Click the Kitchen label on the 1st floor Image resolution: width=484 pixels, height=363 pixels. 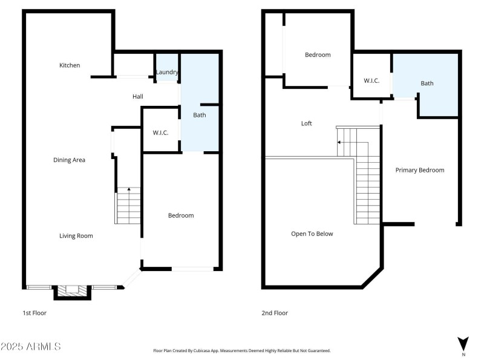click(x=70, y=65)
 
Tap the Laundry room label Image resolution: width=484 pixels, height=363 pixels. click(x=167, y=72)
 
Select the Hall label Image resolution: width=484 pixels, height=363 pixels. click(x=138, y=97)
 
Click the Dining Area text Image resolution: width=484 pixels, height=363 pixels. click(x=69, y=160)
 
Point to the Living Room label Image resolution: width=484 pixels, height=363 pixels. click(x=76, y=236)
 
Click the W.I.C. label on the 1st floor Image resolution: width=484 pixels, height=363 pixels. click(x=160, y=132)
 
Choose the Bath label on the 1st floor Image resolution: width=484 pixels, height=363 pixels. click(x=200, y=115)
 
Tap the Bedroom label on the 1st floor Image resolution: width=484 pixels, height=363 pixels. click(x=181, y=215)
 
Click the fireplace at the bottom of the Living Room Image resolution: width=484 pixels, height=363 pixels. click(x=73, y=292)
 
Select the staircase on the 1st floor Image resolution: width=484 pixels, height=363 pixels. click(x=128, y=206)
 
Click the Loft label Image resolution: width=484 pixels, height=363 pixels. click(x=307, y=123)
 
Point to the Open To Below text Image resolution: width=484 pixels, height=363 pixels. click(x=312, y=234)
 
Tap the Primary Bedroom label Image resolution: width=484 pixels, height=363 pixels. click(x=420, y=170)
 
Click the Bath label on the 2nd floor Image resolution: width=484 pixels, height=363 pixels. click(x=427, y=83)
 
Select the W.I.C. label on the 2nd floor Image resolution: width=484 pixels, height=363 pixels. click(x=371, y=80)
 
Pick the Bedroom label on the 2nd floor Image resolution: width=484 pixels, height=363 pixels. click(x=318, y=55)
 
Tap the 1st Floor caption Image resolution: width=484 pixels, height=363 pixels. click(x=34, y=313)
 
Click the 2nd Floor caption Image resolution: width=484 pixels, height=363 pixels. click(x=275, y=313)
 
